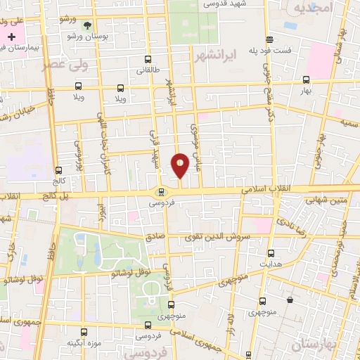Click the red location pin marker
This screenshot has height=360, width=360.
[180, 165]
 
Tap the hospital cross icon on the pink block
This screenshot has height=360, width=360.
[12, 36]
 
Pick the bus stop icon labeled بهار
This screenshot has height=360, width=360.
[305, 80]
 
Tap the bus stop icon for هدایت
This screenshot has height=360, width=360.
[271, 253]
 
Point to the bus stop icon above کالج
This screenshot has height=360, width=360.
[58, 170]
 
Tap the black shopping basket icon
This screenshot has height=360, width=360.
[290, 300]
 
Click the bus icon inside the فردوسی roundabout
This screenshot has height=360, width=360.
[161, 191]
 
